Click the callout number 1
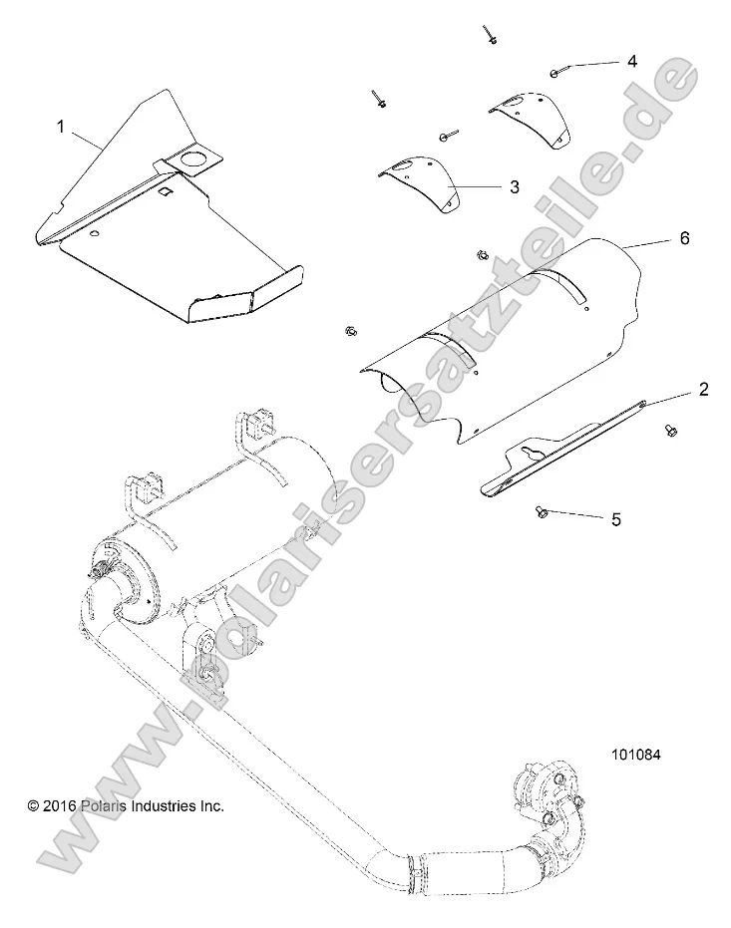[61, 127]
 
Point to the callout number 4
[631, 61]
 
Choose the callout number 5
[616, 518]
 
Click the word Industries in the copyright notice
[167, 805]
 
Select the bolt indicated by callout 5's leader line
[542, 510]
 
